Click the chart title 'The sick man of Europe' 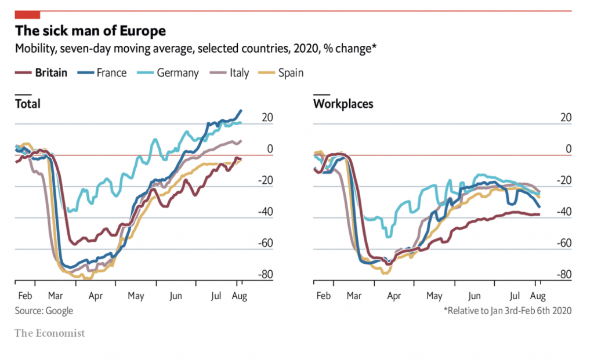click(90, 31)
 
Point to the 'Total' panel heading click(27, 104)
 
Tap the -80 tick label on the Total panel click(266, 275)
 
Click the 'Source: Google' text click(44, 311)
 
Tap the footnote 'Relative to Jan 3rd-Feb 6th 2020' click(508, 311)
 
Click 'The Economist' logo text click(50, 333)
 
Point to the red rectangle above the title click(27, 14)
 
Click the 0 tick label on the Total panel click(270, 149)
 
